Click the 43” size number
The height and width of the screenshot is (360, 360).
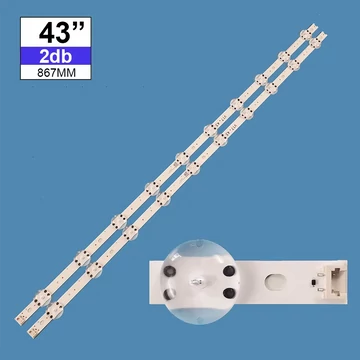click(56, 33)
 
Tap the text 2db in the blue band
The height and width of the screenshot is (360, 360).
click(56, 56)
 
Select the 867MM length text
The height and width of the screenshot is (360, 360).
click(56, 73)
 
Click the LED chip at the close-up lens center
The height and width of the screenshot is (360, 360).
click(195, 283)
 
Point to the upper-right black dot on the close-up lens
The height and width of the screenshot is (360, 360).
click(229, 271)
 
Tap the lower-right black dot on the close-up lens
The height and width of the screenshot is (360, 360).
click(229, 293)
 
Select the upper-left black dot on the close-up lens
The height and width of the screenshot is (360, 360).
click(169, 271)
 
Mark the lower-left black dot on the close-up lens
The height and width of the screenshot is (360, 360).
click(169, 294)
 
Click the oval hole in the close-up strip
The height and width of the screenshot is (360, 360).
click(275, 282)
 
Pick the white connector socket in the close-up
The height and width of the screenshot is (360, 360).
click(337, 282)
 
